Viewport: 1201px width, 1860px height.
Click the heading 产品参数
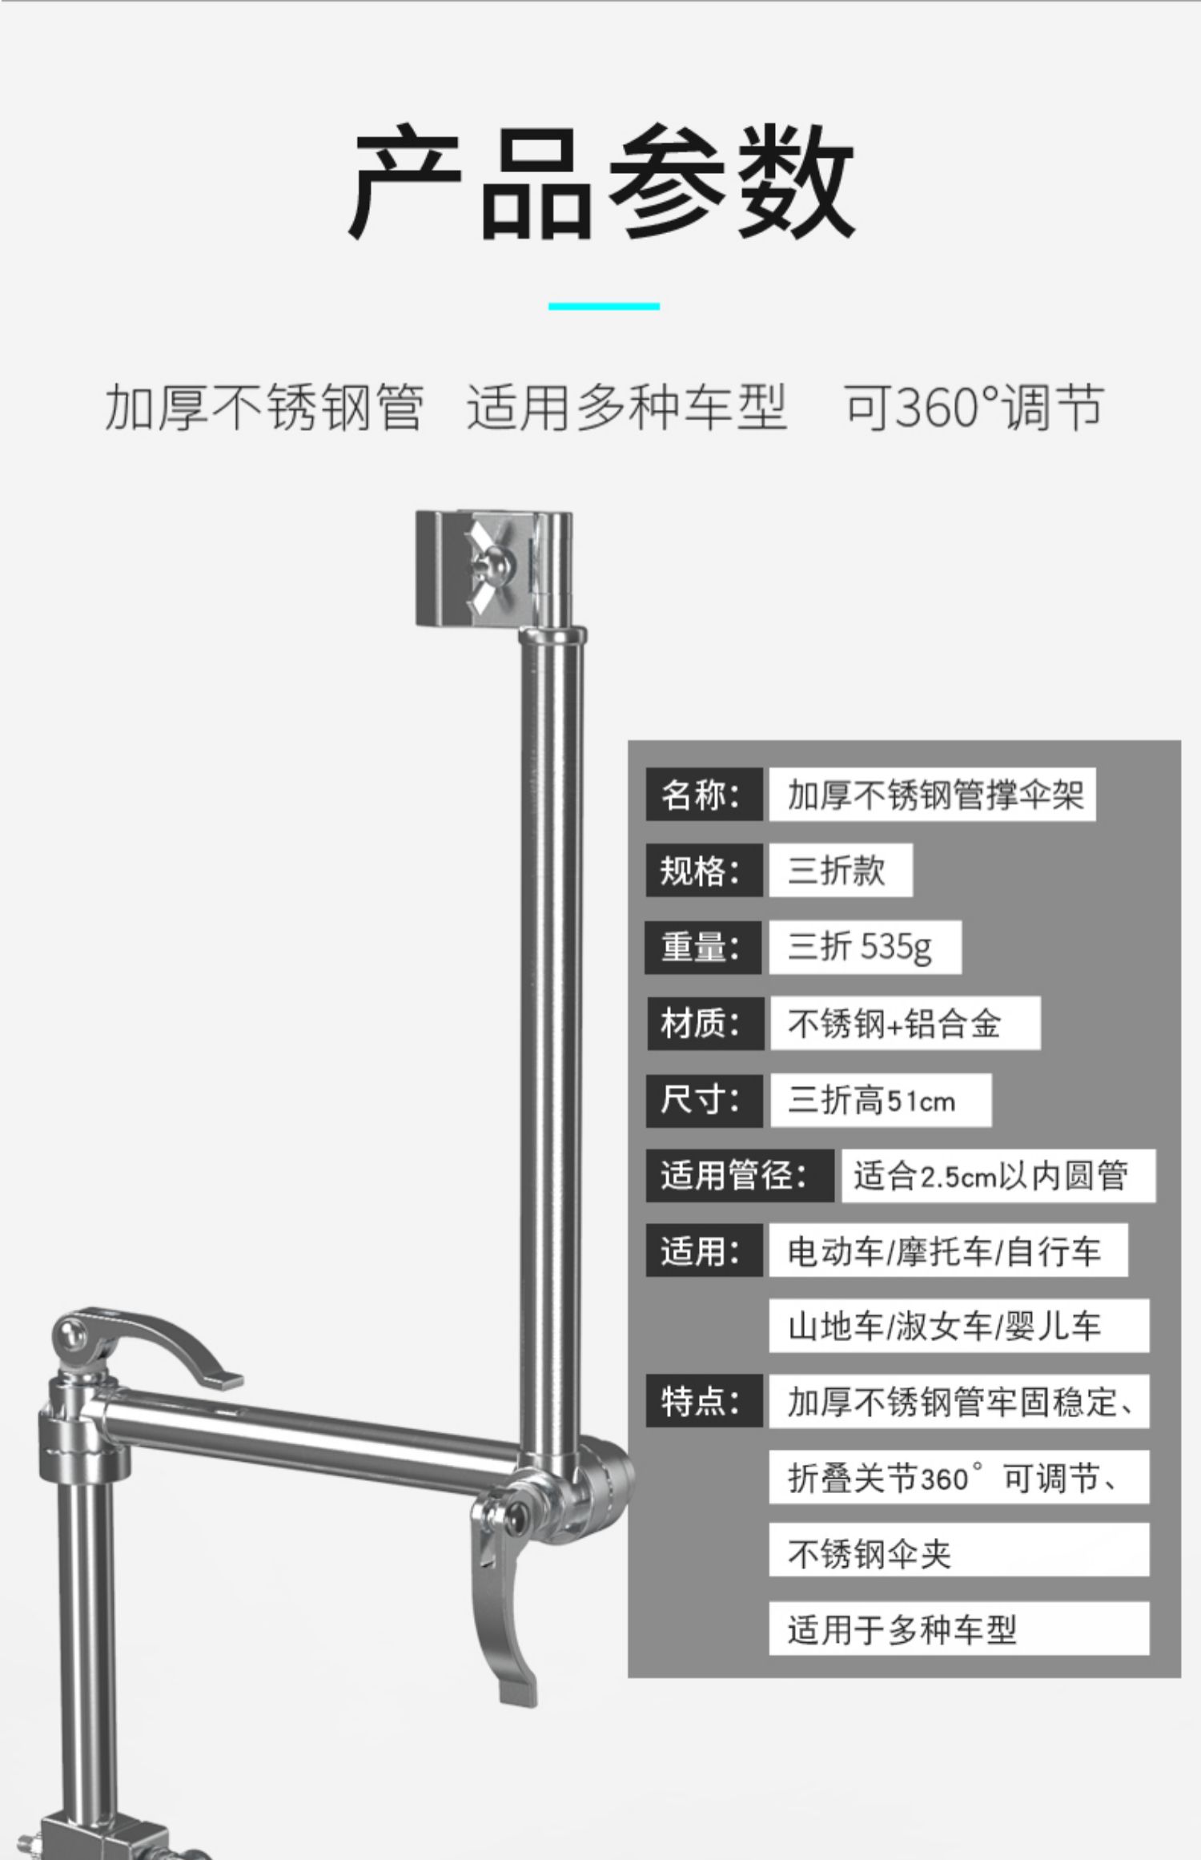(x=600, y=183)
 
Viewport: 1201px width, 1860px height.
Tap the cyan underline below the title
(x=604, y=306)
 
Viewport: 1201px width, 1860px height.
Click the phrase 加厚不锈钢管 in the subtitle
(x=264, y=407)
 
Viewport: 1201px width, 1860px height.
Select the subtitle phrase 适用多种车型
(x=626, y=407)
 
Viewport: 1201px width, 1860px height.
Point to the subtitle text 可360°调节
(x=974, y=407)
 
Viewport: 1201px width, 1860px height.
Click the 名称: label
(x=703, y=795)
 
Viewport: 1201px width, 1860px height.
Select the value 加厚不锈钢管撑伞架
(x=932, y=795)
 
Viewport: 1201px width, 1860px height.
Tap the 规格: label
(x=703, y=870)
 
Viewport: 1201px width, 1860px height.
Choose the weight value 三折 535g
(x=863, y=947)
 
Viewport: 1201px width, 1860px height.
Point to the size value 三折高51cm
(x=879, y=1100)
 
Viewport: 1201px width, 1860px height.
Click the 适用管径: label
(x=738, y=1175)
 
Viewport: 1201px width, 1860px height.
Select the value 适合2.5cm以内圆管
(x=998, y=1175)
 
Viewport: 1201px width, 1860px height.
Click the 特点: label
(x=703, y=1401)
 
